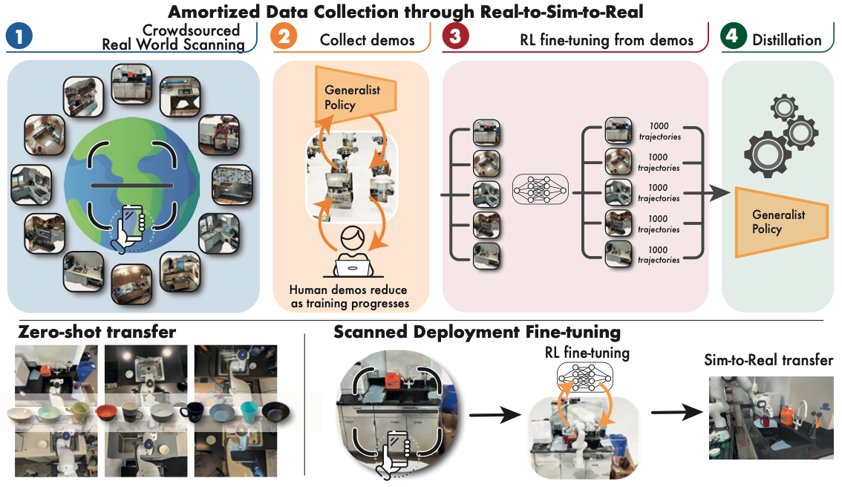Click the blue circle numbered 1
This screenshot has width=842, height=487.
[x=19, y=36]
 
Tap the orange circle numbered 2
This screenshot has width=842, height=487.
[x=284, y=36]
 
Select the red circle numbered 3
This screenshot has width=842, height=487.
[x=455, y=36]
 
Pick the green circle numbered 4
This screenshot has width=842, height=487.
[x=734, y=36]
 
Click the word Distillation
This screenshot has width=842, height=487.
[x=787, y=40]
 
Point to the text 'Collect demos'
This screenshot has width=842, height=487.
[x=368, y=40]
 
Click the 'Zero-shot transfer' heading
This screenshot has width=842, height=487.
[x=97, y=332]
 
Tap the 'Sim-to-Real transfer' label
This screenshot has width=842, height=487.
[x=768, y=360]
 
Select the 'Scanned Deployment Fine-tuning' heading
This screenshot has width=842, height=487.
[x=477, y=333]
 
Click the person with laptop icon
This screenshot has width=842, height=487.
[x=352, y=251]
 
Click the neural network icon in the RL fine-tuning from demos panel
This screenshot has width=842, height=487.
[x=540, y=189]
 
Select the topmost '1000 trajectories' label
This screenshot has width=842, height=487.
[x=659, y=131]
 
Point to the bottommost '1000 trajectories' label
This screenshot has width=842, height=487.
[x=659, y=255]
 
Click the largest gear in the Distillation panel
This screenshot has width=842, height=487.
[x=766, y=154]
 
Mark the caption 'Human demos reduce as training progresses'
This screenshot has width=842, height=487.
[x=349, y=296]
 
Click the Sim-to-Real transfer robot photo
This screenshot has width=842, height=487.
[x=771, y=418]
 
